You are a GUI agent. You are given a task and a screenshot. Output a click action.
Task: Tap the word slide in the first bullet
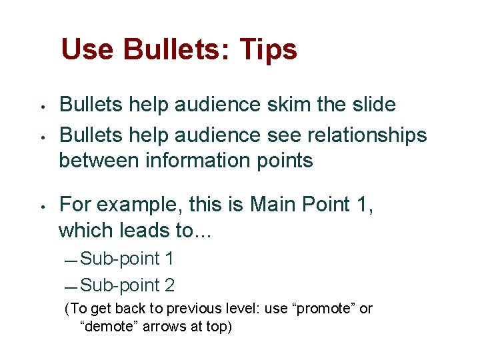click(x=373, y=105)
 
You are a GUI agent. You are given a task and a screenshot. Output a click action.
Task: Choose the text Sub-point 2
click(x=127, y=285)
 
